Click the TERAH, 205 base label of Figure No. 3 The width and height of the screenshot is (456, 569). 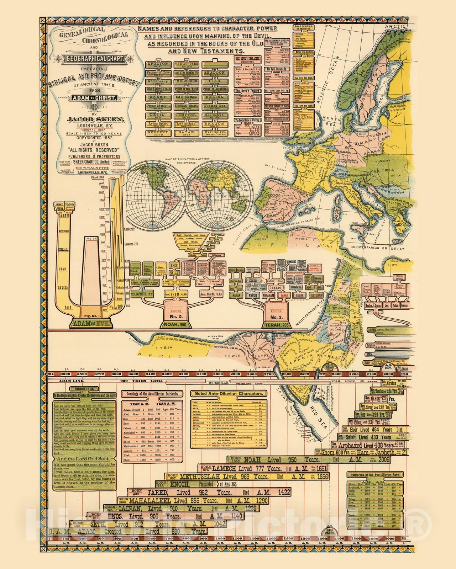277,325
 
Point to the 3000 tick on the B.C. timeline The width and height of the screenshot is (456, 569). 219,374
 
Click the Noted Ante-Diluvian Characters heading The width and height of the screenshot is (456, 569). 229,394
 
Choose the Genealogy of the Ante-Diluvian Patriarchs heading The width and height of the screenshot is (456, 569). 152,394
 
